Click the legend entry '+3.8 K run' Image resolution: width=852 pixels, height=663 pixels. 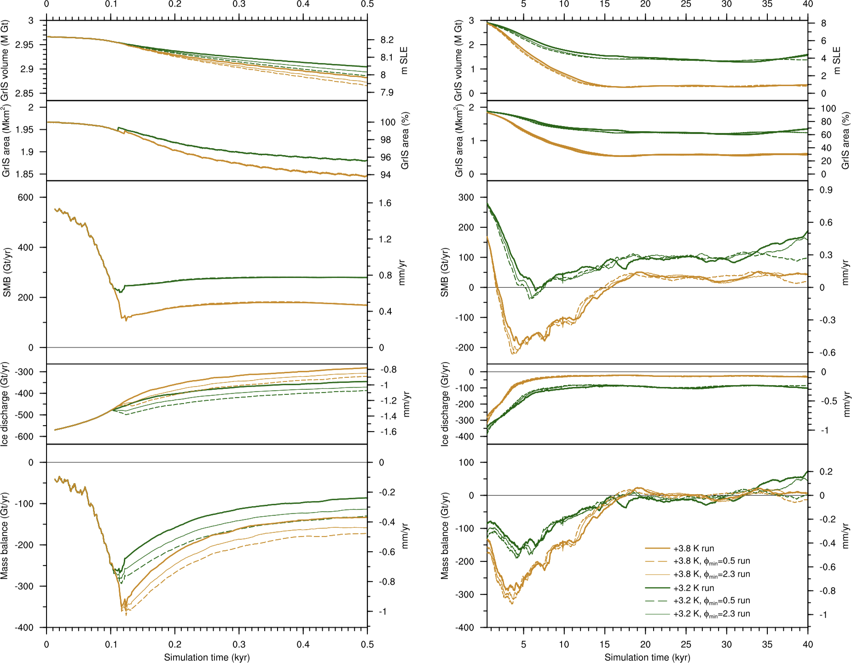pyautogui.click(x=693, y=548)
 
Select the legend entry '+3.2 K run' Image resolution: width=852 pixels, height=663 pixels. pyautogui.click(x=693, y=588)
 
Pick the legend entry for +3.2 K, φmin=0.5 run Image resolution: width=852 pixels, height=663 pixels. pyautogui.click(x=711, y=601)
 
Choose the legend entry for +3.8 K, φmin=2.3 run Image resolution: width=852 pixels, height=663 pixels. pyautogui.click(x=711, y=575)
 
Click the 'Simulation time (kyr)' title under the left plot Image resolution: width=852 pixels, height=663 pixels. pyautogui.click(x=207, y=657)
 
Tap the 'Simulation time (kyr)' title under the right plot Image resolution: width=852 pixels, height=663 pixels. pyautogui.click(x=647, y=657)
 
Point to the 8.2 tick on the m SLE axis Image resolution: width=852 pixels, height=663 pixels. pyautogui.click(x=387, y=40)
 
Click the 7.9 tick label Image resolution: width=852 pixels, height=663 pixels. pyautogui.click(x=387, y=92)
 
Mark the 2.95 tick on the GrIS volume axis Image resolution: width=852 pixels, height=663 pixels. pyautogui.click(x=24, y=45)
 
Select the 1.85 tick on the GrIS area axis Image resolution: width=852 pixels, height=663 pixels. pyautogui.click(x=24, y=174)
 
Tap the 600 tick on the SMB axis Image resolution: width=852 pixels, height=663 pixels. pyautogui.click(x=26, y=197)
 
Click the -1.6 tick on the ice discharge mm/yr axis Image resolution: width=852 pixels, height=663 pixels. pyautogui.click(x=388, y=432)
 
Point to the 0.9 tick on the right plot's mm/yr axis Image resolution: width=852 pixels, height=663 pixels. pyautogui.click(x=826, y=190)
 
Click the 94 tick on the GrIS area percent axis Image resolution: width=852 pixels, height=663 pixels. pyautogui.click(x=386, y=175)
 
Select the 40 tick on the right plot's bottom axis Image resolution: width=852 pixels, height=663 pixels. pyautogui.click(x=808, y=644)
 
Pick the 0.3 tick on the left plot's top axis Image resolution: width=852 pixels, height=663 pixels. pyautogui.click(x=239, y=4)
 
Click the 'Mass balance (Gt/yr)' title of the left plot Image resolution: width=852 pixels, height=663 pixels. pyautogui.click(x=5, y=536)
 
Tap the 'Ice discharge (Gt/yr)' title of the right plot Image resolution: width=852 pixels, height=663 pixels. pyautogui.click(x=445, y=404)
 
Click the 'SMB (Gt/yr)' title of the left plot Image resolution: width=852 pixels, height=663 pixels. pyautogui.click(x=7, y=272)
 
